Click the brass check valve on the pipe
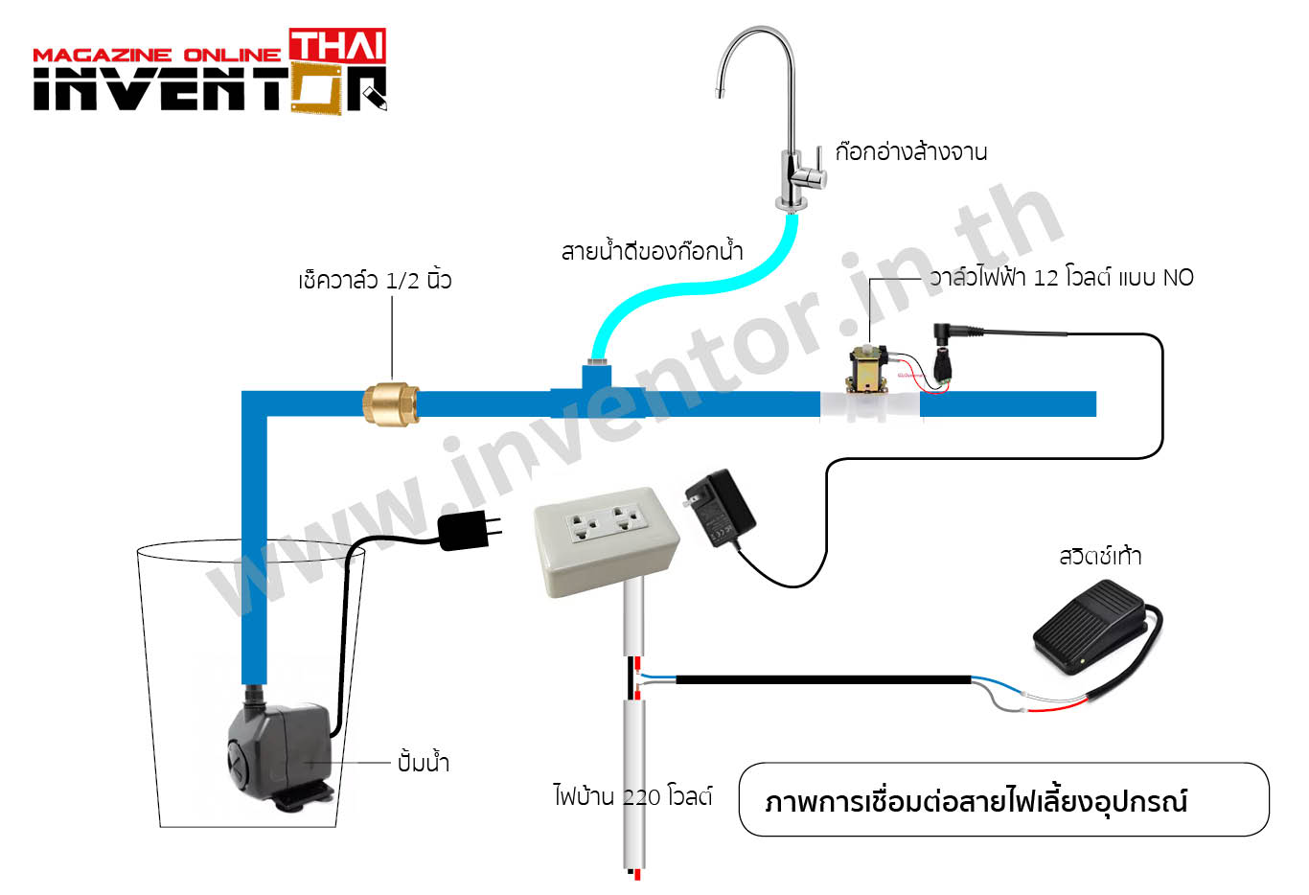(x=390, y=404)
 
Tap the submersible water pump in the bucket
(x=279, y=752)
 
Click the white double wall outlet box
(x=607, y=542)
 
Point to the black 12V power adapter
(x=720, y=508)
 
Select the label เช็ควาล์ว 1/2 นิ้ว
(x=375, y=280)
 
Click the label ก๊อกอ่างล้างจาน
(x=911, y=152)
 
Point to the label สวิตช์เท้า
(x=1100, y=556)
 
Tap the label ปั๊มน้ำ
(x=424, y=762)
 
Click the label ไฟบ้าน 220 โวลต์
(x=632, y=795)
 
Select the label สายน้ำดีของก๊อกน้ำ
(x=653, y=251)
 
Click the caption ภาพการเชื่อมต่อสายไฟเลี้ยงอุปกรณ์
(x=976, y=801)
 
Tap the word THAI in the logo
(x=337, y=45)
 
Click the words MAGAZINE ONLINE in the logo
(x=156, y=55)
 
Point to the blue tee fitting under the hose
(x=598, y=391)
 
